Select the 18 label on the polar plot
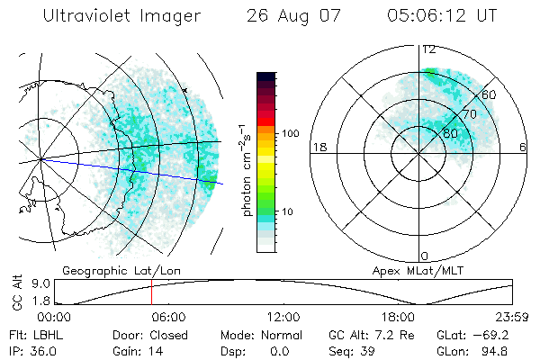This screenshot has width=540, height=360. [319, 147]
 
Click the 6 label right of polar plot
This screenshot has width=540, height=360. [522, 147]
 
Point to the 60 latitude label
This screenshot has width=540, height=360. [490, 94]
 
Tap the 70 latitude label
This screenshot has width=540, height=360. [468, 115]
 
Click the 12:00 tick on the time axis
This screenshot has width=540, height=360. [283, 317]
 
